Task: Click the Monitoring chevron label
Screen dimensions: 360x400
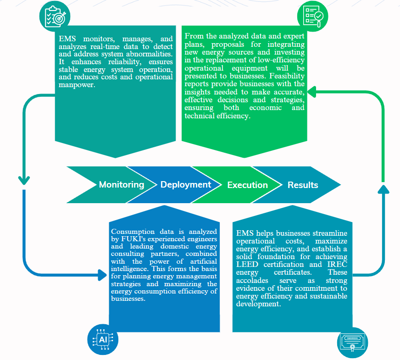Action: [x=122, y=185]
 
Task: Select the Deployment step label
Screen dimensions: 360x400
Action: [x=186, y=185]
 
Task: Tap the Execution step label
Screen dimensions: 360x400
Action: [x=248, y=185]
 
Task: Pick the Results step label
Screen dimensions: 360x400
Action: [x=303, y=185]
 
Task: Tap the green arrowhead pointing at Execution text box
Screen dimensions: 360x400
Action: [x=311, y=93]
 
